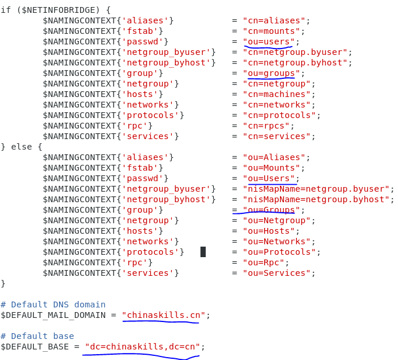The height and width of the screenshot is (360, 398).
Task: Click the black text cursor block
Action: [x=203, y=252]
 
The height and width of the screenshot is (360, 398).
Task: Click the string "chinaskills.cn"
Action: [x=164, y=315]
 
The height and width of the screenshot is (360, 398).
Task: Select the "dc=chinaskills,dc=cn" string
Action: [x=143, y=347]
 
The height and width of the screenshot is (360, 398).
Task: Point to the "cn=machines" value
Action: [x=276, y=94]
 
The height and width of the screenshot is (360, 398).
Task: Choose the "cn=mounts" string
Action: [x=271, y=31]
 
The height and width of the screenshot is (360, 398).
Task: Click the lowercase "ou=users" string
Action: [x=269, y=41]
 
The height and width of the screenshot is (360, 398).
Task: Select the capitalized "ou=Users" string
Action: [x=269, y=178]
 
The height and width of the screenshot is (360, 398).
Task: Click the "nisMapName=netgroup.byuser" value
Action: [x=316, y=189]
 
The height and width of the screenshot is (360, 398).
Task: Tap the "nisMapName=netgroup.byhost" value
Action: [x=316, y=199]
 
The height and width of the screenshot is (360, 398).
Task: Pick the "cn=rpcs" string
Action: [x=267, y=126]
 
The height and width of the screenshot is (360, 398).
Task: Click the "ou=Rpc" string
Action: [x=264, y=262]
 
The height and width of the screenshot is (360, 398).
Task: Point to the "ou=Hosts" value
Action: [x=269, y=231]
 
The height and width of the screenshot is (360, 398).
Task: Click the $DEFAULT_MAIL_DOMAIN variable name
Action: [x=53, y=315]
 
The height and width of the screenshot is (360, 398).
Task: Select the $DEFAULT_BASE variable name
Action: [x=35, y=347]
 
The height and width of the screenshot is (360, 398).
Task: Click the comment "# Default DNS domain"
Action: [x=53, y=304]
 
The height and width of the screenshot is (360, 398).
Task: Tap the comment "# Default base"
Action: [x=37, y=336]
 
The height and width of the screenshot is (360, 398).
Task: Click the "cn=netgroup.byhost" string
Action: [x=295, y=63]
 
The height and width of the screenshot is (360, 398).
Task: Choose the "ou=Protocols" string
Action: [x=279, y=252]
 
